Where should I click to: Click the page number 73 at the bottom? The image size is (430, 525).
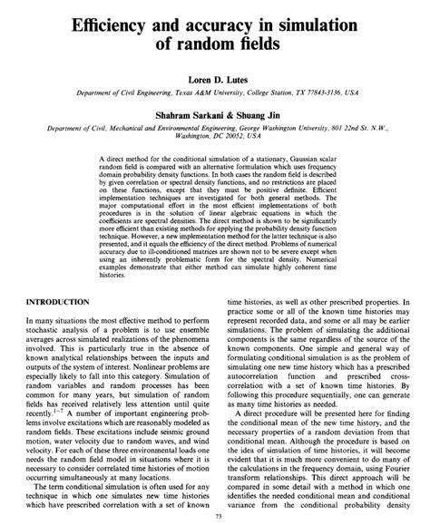pos(215,516)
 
